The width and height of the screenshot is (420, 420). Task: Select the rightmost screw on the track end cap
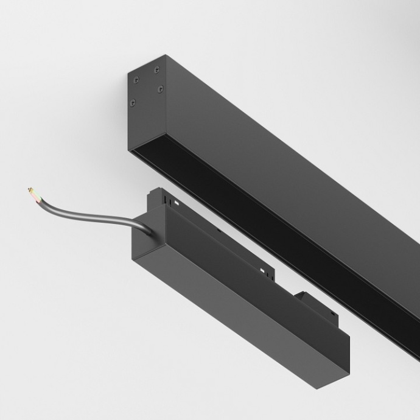coord(161,89)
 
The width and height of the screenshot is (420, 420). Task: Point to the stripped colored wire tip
coord(33,195)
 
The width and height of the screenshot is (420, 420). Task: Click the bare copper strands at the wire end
coord(29,191)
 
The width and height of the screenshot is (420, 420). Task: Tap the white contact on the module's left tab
coord(175,202)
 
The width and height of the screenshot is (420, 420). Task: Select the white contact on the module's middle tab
coord(262,269)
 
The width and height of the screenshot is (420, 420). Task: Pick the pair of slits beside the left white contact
coord(165,197)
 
